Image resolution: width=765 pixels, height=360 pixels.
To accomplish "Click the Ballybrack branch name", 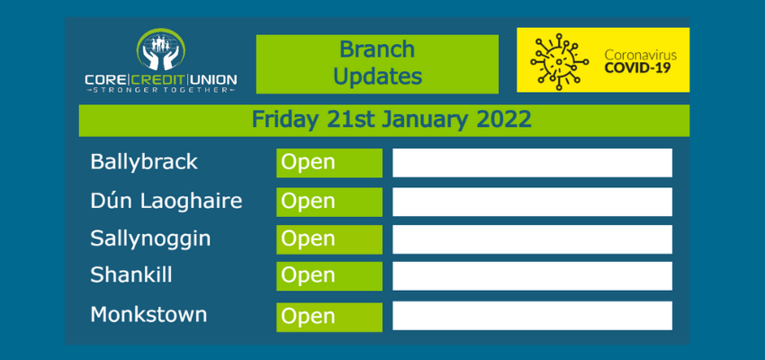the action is point(144,162).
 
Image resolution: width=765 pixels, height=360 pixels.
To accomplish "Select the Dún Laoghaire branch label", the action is point(166,201).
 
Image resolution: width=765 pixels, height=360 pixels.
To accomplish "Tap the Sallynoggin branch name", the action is point(150,239).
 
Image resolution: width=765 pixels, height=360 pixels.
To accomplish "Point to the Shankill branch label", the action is point(131,275).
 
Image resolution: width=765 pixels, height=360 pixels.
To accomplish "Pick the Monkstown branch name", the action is point(148,315).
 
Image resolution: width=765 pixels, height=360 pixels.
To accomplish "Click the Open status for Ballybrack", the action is point(329,163).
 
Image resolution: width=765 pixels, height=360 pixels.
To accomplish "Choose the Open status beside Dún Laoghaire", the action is point(329,202).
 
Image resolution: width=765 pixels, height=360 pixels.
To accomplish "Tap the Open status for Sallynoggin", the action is point(329,239).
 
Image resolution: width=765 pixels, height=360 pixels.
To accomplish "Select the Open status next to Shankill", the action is point(329,276).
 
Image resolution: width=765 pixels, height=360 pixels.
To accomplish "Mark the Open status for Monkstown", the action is point(329,318).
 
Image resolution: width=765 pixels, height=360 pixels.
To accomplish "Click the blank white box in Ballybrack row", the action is point(532,163).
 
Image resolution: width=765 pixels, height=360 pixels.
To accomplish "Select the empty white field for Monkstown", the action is point(532,316).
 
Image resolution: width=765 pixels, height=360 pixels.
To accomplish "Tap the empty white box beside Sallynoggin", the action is point(532,239).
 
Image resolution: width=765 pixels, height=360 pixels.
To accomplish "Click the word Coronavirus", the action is point(641,54).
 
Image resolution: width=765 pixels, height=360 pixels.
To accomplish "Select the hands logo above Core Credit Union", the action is point(161,49).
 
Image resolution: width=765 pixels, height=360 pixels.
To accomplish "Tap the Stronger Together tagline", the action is point(161,90).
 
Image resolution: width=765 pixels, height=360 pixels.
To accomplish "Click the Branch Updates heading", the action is point(377,63).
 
